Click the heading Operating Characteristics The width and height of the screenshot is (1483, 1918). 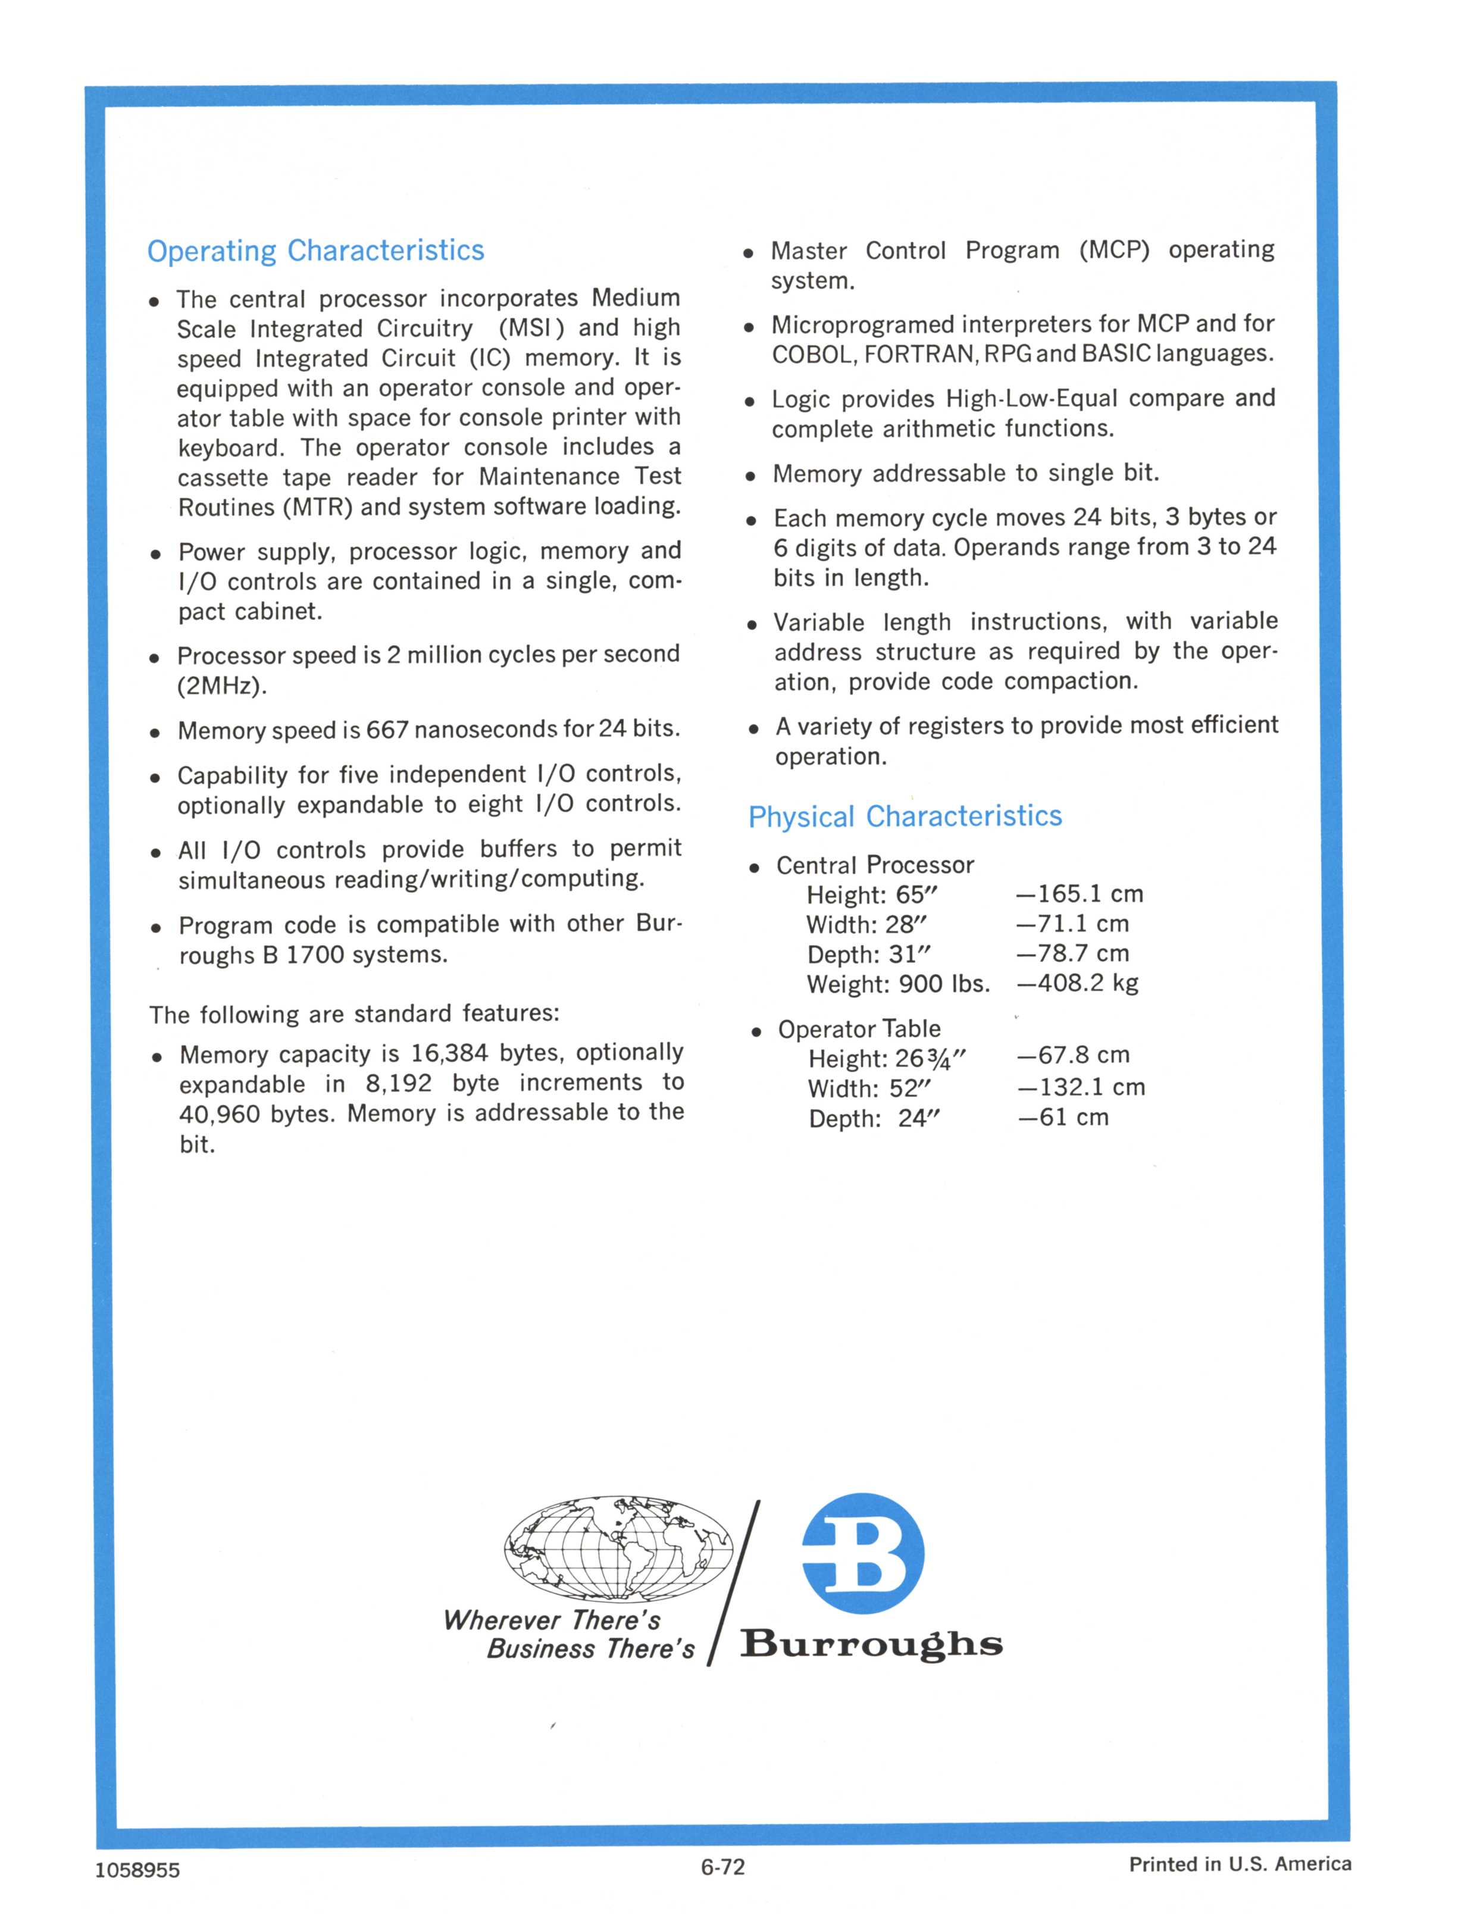(x=315, y=251)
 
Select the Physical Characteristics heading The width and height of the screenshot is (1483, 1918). (x=905, y=816)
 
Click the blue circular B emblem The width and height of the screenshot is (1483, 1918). (x=862, y=1553)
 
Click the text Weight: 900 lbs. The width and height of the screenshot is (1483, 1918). (x=897, y=984)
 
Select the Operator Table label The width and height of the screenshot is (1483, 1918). (x=859, y=1030)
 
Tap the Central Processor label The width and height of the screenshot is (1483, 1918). (x=875, y=866)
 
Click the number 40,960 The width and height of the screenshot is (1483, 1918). (x=217, y=1115)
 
